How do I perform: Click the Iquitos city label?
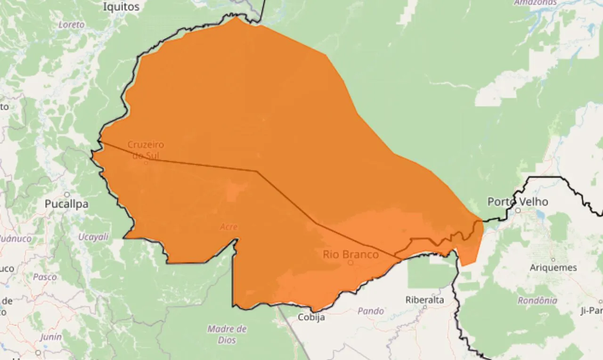[122, 7]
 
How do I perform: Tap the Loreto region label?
[72, 25]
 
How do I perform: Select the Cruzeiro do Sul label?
[146, 149]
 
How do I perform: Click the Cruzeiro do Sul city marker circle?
[146, 163]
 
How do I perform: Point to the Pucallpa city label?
[66, 204]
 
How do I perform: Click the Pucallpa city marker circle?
[67, 194]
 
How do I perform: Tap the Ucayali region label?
[93, 237]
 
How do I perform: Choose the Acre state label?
[229, 227]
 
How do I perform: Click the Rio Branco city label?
[350, 254]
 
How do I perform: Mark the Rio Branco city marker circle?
[350, 263]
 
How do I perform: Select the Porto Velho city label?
[518, 202]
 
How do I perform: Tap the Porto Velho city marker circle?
[518, 211]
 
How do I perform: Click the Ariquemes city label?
[553, 268]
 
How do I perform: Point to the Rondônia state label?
[538, 300]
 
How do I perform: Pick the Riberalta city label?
[425, 300]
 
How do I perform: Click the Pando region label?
[371, 311]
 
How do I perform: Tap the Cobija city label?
[311, 317]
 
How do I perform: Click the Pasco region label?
[45, 277]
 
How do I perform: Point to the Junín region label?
[51, 336]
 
